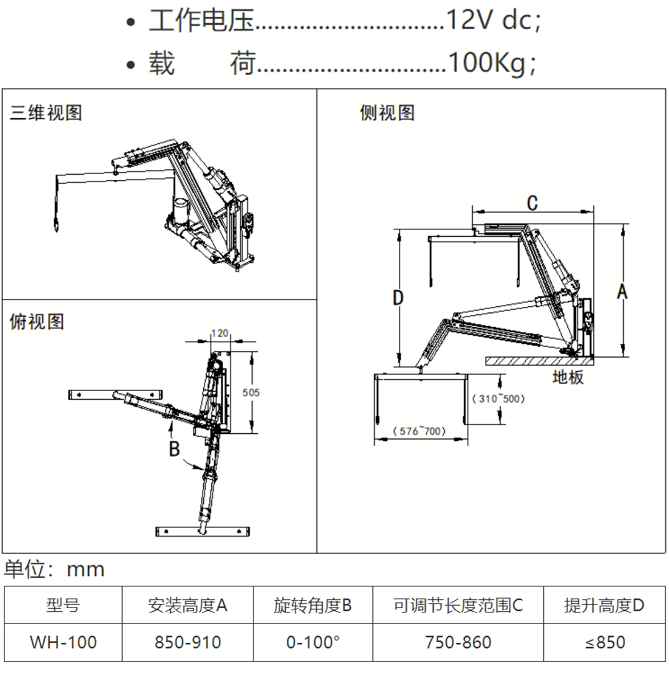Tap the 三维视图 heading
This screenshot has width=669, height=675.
tap(46, 113)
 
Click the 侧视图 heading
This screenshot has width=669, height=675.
tap(388, 113)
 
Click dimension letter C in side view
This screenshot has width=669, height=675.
tap(532, 202)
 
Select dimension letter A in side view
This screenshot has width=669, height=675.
tap(622, 291)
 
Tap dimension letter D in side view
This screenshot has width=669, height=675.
tap(398, 298)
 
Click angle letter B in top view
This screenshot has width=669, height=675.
tap(175, 448)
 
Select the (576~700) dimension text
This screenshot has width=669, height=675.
tap(419, 431)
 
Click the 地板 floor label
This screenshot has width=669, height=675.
tap(568, 377)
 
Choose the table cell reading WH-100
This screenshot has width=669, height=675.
tap(63, 642)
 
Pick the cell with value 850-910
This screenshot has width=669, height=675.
tap(188, 642)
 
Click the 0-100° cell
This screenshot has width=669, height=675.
tap(313, 642)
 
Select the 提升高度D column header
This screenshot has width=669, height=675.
tap(604, 605)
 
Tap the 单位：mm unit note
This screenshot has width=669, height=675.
tap(55, 569)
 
